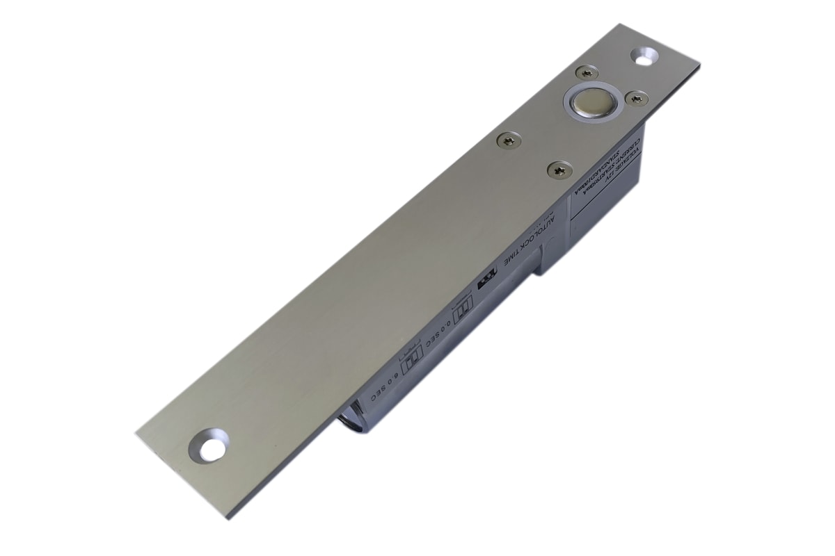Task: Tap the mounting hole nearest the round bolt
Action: [644, 55]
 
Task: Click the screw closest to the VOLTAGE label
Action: [559, 169]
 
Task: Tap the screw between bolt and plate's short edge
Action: [586, 72]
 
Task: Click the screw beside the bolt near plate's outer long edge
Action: [635, 99]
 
